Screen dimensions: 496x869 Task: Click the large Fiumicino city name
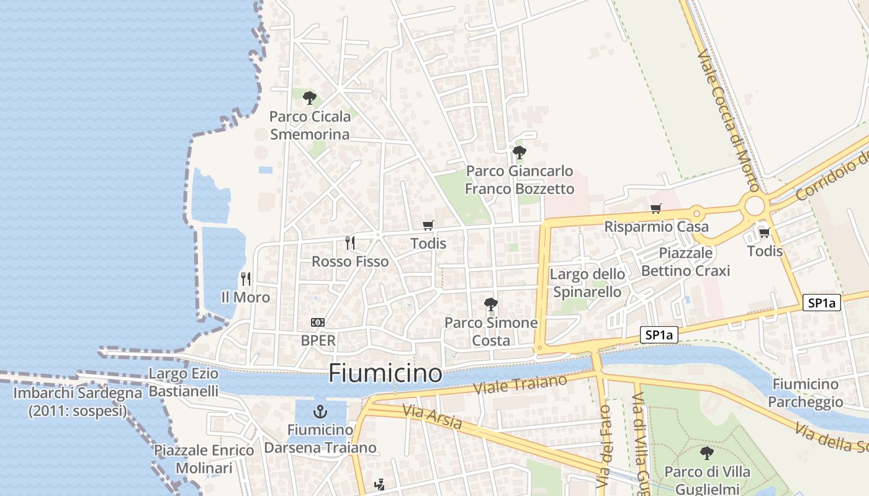(385, 373)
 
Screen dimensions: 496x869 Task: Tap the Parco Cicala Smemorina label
(310, 125)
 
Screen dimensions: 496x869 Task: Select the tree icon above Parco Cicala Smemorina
(309, 97)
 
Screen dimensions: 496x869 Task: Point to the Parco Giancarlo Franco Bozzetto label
(520, 180)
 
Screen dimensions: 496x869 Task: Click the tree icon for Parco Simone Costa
(491, 304)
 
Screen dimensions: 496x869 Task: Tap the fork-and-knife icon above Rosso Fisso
(350, 242)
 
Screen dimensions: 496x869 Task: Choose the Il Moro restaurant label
(246, 298)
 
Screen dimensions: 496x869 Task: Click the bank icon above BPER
(318, 322)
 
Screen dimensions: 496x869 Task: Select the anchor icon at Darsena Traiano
(320, 411)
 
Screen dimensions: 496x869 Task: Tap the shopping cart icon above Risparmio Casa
(655, 208)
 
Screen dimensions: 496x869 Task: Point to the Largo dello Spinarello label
(587, 283)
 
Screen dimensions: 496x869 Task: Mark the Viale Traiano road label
(520, 384)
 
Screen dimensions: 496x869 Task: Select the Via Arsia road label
(432, 417)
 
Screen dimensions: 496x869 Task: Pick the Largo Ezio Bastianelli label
(184, 383)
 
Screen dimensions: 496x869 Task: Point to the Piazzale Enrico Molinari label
(204, 459)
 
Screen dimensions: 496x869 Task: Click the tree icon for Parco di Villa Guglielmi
(706, 453)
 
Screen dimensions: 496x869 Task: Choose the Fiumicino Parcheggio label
(806, 393)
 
